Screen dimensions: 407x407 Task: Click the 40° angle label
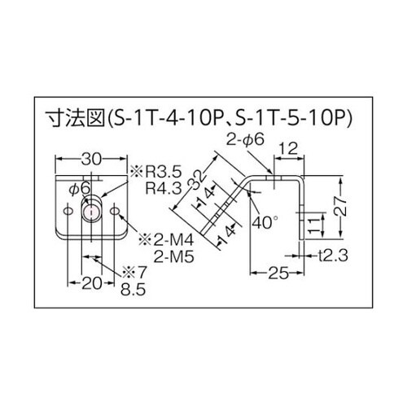pyautogui.click(x=264, y=221)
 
